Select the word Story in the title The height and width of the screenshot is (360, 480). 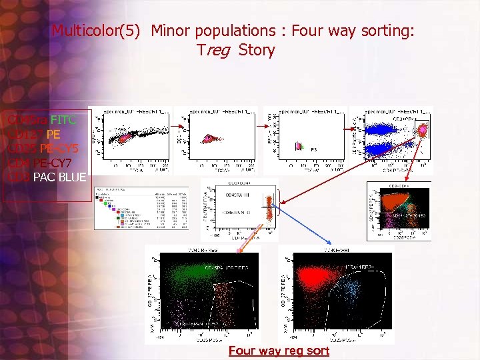257,50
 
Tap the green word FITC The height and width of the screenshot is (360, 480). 63,120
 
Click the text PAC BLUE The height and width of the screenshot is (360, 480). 59,177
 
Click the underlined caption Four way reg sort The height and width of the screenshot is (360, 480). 279,351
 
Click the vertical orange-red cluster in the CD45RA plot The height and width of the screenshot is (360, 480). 270,207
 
